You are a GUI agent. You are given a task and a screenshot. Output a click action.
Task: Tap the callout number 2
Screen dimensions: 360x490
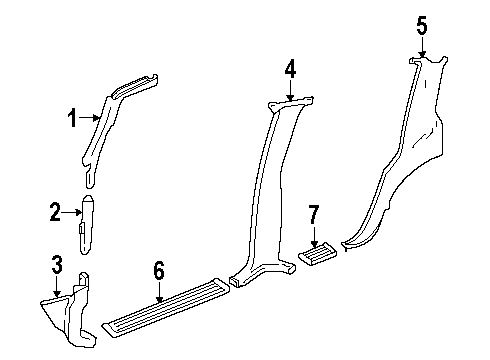56,211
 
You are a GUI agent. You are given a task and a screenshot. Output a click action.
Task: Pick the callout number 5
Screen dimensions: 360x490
421,25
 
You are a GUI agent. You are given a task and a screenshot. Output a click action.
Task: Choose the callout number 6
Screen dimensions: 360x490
158,270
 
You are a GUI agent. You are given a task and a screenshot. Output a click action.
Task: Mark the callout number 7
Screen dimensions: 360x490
314,214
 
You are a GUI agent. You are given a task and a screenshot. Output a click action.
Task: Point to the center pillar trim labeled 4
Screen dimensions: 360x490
262,200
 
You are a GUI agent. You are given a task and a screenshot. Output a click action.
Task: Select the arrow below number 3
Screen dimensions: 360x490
58,286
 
